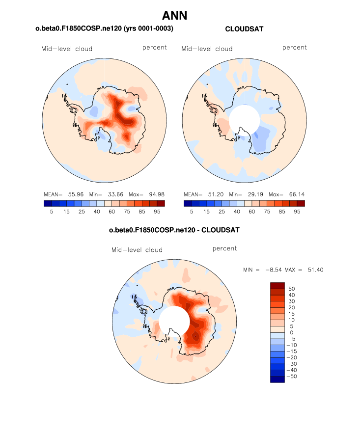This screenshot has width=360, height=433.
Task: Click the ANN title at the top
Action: coord(174,16)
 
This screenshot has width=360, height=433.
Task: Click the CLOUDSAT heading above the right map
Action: coord(244,29)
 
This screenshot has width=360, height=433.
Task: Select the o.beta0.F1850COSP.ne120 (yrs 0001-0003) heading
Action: coord(104,29)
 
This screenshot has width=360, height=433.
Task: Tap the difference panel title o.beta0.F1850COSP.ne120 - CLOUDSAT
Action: coord(174,230)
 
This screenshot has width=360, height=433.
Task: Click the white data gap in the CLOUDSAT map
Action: coord(244,120)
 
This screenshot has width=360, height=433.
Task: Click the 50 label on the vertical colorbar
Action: coord(292,289)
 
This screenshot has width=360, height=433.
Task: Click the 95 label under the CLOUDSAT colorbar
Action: coord(297,212)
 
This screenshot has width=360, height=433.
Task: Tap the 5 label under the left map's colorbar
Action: coord(51,212)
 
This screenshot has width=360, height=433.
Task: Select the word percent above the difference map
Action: coord(224,249)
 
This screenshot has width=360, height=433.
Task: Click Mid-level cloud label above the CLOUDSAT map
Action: coord(207,49)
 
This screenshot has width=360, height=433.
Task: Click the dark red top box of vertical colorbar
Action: coord(277,286)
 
